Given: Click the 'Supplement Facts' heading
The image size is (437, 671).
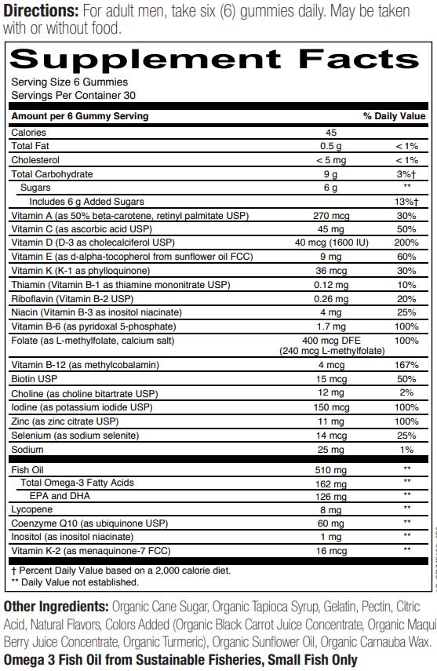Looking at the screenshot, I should point(215,60).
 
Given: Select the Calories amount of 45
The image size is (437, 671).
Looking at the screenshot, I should point(330,133).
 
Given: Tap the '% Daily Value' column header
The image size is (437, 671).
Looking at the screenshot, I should point(394,116).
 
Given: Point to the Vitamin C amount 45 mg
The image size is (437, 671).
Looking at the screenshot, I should point(330,228).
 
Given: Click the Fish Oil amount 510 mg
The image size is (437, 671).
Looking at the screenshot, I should point(330,469).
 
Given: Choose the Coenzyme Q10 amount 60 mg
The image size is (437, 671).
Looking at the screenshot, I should point(330,523).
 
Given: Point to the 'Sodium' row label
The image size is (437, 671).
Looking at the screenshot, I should point(27,450).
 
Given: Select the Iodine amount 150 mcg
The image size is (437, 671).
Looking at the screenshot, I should point(330,407).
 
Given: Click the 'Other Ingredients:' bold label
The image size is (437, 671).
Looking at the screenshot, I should point(56,607).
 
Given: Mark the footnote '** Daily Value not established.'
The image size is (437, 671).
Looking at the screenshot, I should point(75,582).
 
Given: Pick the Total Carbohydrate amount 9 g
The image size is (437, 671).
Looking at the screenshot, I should point(330,173).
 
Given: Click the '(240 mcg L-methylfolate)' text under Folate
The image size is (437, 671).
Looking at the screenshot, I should point(330,351).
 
